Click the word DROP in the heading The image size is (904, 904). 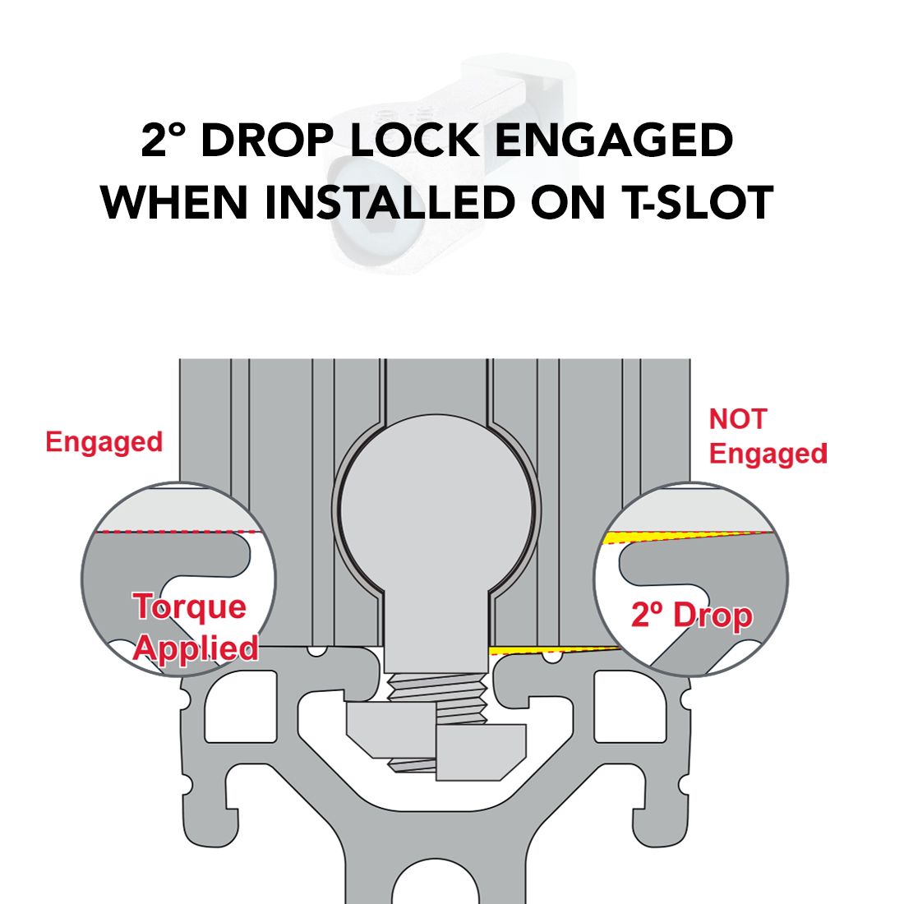(267, 140)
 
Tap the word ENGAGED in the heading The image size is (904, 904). (614, 140)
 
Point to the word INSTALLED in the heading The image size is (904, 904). (390, 202)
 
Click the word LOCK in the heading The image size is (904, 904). (414, 140)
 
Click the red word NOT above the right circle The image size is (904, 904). (738, 419)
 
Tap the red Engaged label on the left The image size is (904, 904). (104, 443)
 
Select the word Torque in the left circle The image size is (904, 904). (190, 607)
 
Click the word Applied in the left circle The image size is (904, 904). (196, 648)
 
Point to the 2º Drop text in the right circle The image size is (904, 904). (692, 615)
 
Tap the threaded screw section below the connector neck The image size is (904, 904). (436, 699)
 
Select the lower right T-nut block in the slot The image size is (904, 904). (481, 752)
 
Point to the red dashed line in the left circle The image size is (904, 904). (178, 532)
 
